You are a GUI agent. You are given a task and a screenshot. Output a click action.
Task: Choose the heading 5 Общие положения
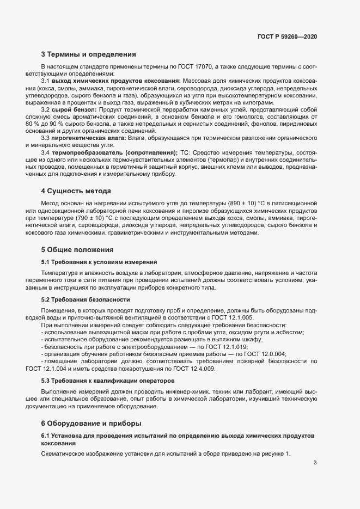click(x=77, y=249)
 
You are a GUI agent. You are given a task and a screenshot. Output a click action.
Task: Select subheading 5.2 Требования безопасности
click(x=86, y=299)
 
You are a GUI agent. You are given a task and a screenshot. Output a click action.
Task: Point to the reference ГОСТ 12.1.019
click(x=227, y=347)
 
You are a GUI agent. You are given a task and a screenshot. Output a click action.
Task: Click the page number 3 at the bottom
click(x=315, y=463)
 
